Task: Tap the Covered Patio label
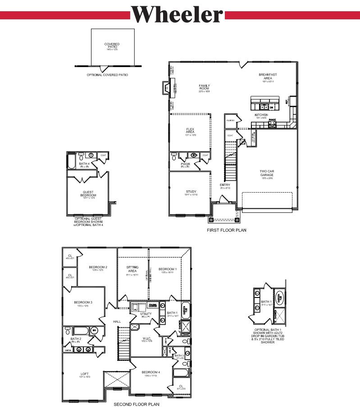point(112,45)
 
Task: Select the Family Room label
point(205,86)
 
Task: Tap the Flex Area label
point(190,131)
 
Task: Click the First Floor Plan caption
point(227,230)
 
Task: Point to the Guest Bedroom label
point(89,194)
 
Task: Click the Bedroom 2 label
point(98,267)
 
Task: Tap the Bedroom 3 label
point(83,302)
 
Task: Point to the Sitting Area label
point(132,269)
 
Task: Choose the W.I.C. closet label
point(146,339)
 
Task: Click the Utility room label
point(146,314)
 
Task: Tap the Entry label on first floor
point(225,185)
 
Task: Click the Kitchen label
point(261,115)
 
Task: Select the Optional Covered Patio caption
point(107,75)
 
